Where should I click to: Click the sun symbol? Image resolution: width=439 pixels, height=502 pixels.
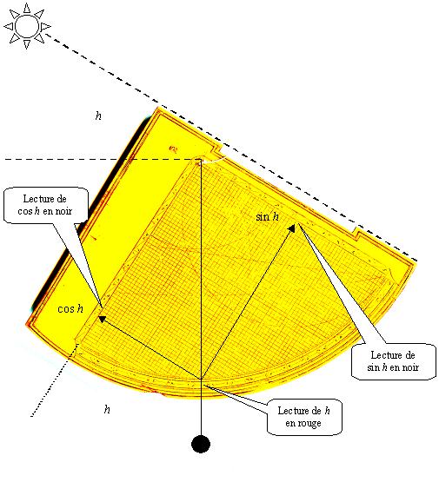27,26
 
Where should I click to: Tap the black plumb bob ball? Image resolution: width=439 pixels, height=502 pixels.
201,444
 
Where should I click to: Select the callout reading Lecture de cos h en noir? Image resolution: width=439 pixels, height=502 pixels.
45,205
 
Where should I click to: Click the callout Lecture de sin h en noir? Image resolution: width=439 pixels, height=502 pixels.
394,361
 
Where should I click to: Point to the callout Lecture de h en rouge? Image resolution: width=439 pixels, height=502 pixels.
304,417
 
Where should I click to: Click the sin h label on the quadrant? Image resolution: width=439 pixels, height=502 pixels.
267,217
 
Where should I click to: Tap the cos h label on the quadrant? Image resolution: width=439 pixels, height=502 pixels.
70,308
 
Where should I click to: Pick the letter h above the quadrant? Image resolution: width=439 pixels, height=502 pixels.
98,116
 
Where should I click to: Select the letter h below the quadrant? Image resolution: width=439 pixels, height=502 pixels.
107,409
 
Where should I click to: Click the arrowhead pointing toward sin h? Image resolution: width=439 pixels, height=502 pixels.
291,228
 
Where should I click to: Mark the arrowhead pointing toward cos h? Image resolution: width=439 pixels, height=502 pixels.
103,319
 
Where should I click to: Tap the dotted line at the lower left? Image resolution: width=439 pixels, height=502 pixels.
55,380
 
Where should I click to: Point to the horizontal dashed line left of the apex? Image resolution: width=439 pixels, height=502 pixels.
103,159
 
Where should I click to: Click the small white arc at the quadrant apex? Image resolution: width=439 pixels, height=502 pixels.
213,160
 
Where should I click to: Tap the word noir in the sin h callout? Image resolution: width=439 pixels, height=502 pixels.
410,367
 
